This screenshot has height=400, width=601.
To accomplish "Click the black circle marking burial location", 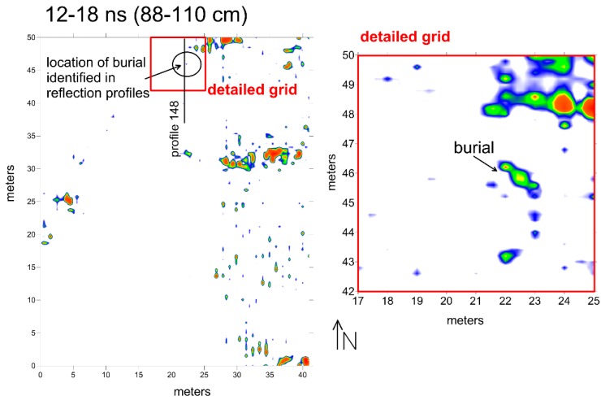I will click(x=188, y=62).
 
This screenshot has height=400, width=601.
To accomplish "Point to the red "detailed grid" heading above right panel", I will click(x=405, y=37).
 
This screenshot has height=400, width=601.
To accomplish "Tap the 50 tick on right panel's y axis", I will click(x=347, y=55).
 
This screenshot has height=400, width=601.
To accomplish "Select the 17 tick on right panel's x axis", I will click(x=358, y=302).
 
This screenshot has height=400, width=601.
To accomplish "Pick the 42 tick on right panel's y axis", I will click(x=347, y=290).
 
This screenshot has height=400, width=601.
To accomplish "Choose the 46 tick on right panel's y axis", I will click(x=347, y=172).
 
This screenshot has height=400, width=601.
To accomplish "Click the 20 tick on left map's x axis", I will click(x=171, y=376).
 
